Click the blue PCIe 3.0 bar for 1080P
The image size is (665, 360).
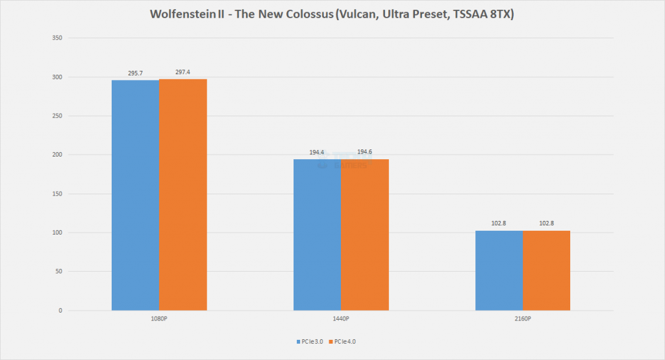(x=135, y=195)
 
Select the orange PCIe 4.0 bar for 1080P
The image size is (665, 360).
(x=182, y=195)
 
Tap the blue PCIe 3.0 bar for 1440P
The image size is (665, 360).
(x=317, y=235)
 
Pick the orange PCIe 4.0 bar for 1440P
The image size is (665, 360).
(x=364, y=235)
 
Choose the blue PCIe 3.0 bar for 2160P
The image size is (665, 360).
(x=499, y=270)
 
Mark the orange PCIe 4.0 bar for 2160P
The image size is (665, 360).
(x=546, y=270)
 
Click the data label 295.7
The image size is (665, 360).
(x=135, y=73)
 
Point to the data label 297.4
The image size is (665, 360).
(x=182, y=73)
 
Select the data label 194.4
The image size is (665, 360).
(x=317, y=152)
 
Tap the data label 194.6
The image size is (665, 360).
(x=364, y=152)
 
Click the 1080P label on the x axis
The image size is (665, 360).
(x=159, y=318)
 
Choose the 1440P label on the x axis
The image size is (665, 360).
(x=341, y=318)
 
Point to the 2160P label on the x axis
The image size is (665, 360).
(x=523, y=318)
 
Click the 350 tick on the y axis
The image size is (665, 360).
(x=56, y=38)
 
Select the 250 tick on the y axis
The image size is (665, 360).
(x=56, y=116)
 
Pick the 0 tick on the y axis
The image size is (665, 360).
(x=59, y=311)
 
